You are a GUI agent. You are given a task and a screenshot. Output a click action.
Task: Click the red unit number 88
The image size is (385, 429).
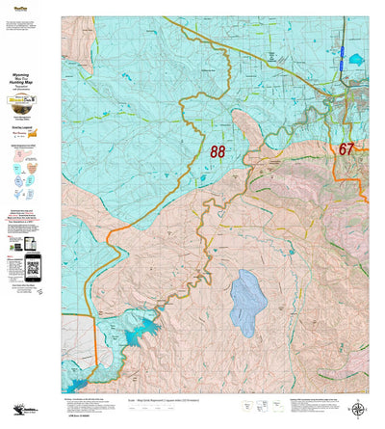pyautogui.click(x=218, y=151)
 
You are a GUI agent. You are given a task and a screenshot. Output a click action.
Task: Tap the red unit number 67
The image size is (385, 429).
pyautogui.click(x=346, y=148)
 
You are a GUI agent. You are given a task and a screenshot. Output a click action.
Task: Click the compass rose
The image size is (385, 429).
pyautogui.click(x=360, y=410)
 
